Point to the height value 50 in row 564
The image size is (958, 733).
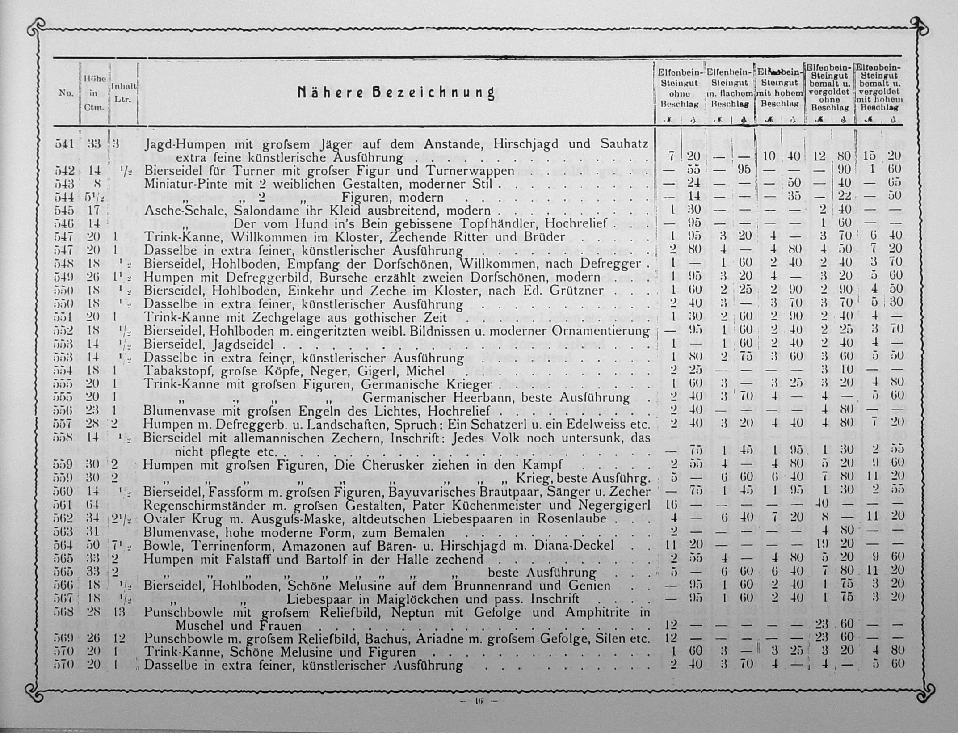click(93, 545)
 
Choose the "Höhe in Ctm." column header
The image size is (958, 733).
click(94, 93)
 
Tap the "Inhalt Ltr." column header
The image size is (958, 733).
click(123, 93)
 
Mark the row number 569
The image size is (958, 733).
click(63, 639)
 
